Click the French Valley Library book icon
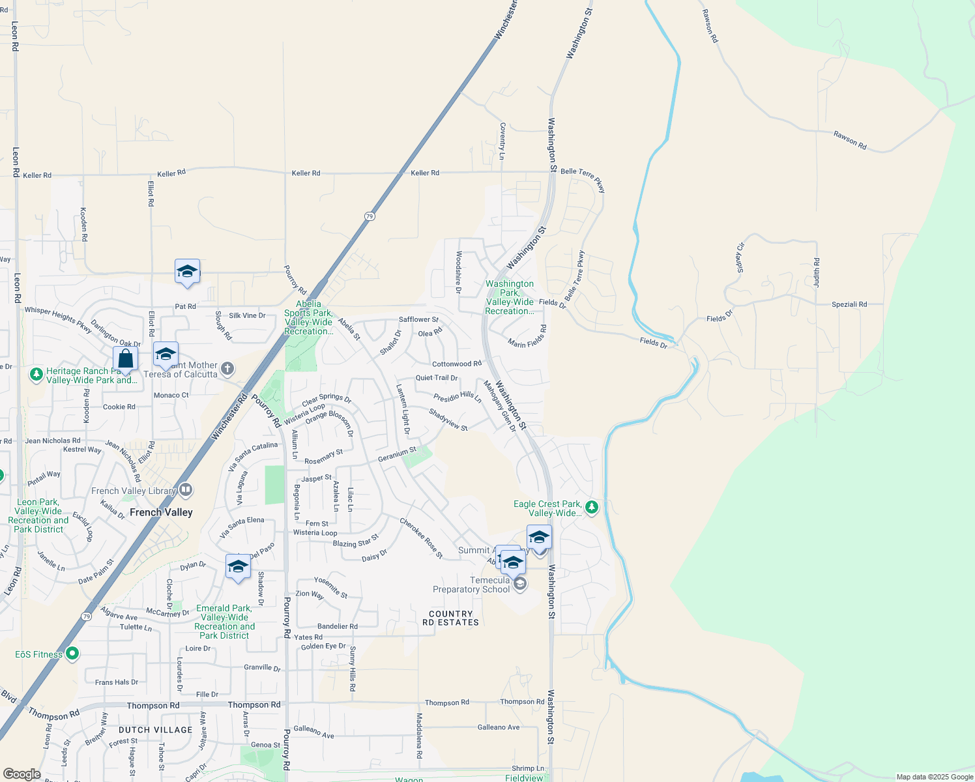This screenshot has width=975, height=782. point(186,489)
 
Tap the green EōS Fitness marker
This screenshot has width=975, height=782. point(72,652)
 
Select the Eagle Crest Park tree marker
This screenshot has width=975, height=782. point(591,506)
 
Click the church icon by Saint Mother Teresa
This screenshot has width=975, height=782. point(227,369)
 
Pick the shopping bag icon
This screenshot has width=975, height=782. point(125,359)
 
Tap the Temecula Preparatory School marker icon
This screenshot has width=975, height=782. point(519,583)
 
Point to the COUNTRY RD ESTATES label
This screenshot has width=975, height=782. point(450,618)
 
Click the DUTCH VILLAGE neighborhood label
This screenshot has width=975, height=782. point(155,730)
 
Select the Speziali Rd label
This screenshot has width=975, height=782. point(849,304)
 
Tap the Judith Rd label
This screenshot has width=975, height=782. point(816,273)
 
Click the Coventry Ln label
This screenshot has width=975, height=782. point(502,141)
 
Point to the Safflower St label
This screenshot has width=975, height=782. point(418,319)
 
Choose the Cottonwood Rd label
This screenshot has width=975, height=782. point(456,364)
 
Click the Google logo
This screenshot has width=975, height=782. point(22,774)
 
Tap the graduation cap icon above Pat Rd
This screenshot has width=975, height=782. point(187,272)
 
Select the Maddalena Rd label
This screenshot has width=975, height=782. point(419,736)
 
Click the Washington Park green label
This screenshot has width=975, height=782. point(509,297)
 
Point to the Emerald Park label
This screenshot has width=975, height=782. point(224,622)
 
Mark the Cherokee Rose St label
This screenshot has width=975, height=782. point(421,538)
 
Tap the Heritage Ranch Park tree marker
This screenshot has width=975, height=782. point(36,375)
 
